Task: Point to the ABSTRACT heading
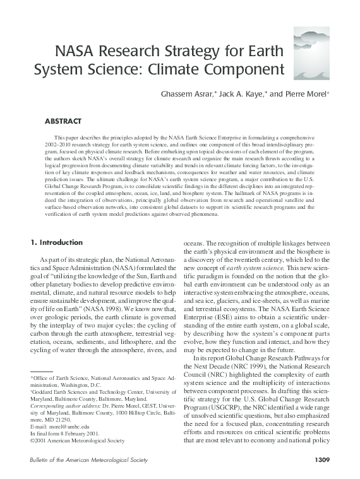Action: (63, 121)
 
